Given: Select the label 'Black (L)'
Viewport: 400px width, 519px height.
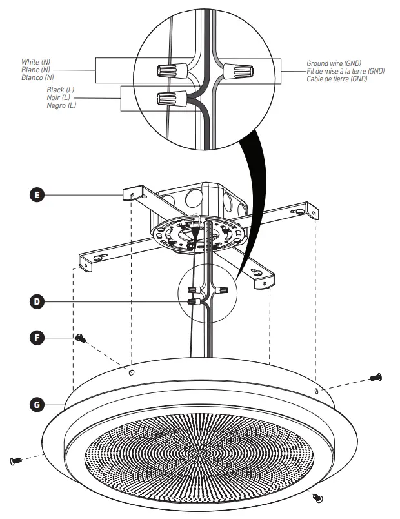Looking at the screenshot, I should (x=61, y=91).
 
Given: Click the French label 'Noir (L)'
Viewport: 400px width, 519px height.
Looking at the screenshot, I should (x=59, y=98).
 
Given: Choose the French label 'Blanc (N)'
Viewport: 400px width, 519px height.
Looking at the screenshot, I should (x=36, y=70).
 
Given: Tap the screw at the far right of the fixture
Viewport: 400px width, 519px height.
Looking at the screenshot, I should (x=377, y=377).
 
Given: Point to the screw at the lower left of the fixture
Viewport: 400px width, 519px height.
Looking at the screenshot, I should (x=17, y=460).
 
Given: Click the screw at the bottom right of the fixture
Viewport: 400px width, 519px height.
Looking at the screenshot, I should (x=317, y=496).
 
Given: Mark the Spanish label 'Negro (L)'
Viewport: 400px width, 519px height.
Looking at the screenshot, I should (x=61, y=105).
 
